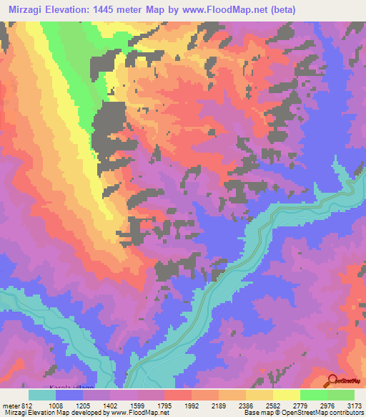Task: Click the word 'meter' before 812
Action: click(x=11, y=405)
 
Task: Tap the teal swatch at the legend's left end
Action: click(x=42, y=395)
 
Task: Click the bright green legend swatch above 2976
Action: click(x=314, y=395)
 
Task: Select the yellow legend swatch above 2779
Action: click(x=287, y=395)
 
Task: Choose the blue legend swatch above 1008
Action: click(x=69, y=395)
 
